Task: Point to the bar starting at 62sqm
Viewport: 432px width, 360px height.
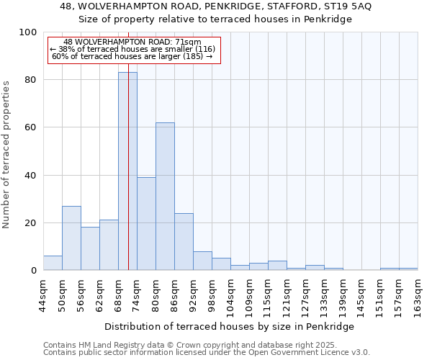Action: coord(109,245)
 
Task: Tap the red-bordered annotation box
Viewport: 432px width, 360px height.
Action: coord(133,50)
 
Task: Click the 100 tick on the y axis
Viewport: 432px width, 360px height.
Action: coord(28,32)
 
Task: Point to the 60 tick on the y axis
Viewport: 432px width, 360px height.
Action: coord(30,127)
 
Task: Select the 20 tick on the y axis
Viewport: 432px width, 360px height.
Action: coord(30,223)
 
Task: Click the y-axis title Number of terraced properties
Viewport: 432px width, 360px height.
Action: coord(6,154)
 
